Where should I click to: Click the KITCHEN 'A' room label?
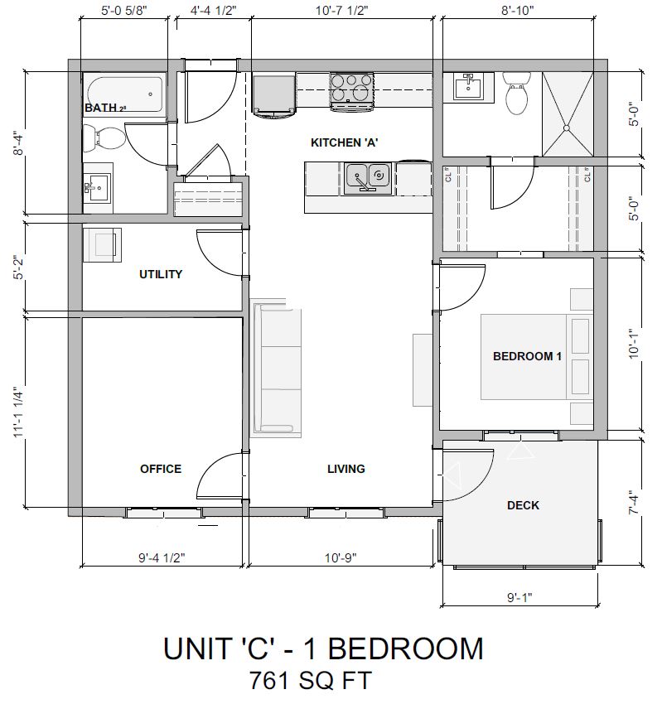344,142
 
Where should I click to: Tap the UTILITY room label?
160,274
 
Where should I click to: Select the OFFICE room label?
160,469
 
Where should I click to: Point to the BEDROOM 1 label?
527,356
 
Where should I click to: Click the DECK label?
523,505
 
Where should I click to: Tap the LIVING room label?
345,469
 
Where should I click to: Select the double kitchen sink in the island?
369,176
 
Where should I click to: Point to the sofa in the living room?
276,367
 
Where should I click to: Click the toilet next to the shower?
518,95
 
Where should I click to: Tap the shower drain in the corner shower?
567,128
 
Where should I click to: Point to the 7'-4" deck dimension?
634,503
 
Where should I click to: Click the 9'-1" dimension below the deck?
520,596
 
